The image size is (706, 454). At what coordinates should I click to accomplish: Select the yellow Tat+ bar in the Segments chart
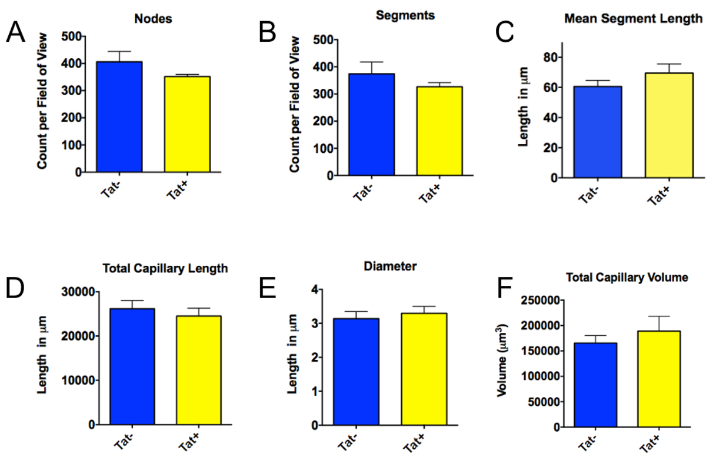pyautogui.click(x=439, y=131)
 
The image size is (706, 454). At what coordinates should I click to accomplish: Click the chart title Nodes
pyautogui.click(x=161, y=19)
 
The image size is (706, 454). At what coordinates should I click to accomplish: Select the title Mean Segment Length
pyautogui.click(x=633, y=18)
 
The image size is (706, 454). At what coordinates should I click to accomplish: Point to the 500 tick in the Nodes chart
pyautogui.click(x=69, y=36)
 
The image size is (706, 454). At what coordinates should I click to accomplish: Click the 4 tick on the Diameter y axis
pyautogui.click(x=315, y=289)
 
